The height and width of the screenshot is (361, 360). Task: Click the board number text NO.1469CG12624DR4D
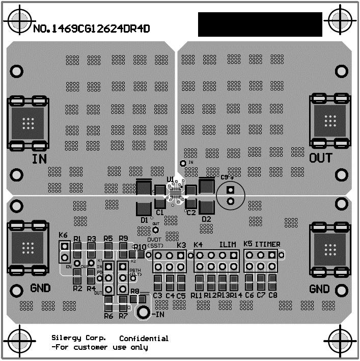tap(91, 29)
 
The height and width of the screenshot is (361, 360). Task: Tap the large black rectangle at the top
tap(260, 24)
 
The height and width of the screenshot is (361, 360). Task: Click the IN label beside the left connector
tap(39, 159)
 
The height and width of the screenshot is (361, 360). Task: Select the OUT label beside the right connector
tap(321, 158)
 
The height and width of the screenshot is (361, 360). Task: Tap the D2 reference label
tap(206, 219)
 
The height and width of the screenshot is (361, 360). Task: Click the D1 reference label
tap(144, 220)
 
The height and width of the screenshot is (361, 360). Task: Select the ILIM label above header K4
tap(228, 244)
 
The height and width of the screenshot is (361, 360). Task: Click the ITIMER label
tap(267, 244)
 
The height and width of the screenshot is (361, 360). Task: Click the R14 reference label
tap(235, 295)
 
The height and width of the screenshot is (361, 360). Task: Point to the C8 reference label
tap(273, 295)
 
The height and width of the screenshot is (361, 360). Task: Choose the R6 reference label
tap(108, 316)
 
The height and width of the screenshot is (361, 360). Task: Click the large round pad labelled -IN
tap(143, 312)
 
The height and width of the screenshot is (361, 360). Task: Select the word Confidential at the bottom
tap(144, 339)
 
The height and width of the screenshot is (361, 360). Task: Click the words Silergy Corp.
tap(79, 338)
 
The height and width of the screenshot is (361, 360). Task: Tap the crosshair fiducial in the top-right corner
tap(340, 21)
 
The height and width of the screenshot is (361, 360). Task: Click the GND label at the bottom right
tap(320, 289)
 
